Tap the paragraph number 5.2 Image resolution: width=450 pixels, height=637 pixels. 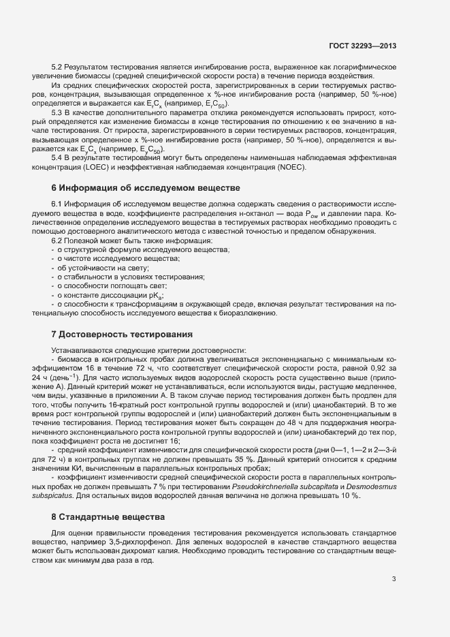[58, 67]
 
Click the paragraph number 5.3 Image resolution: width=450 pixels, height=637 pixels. [58, 112]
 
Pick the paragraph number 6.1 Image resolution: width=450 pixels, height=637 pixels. [58, 205]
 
